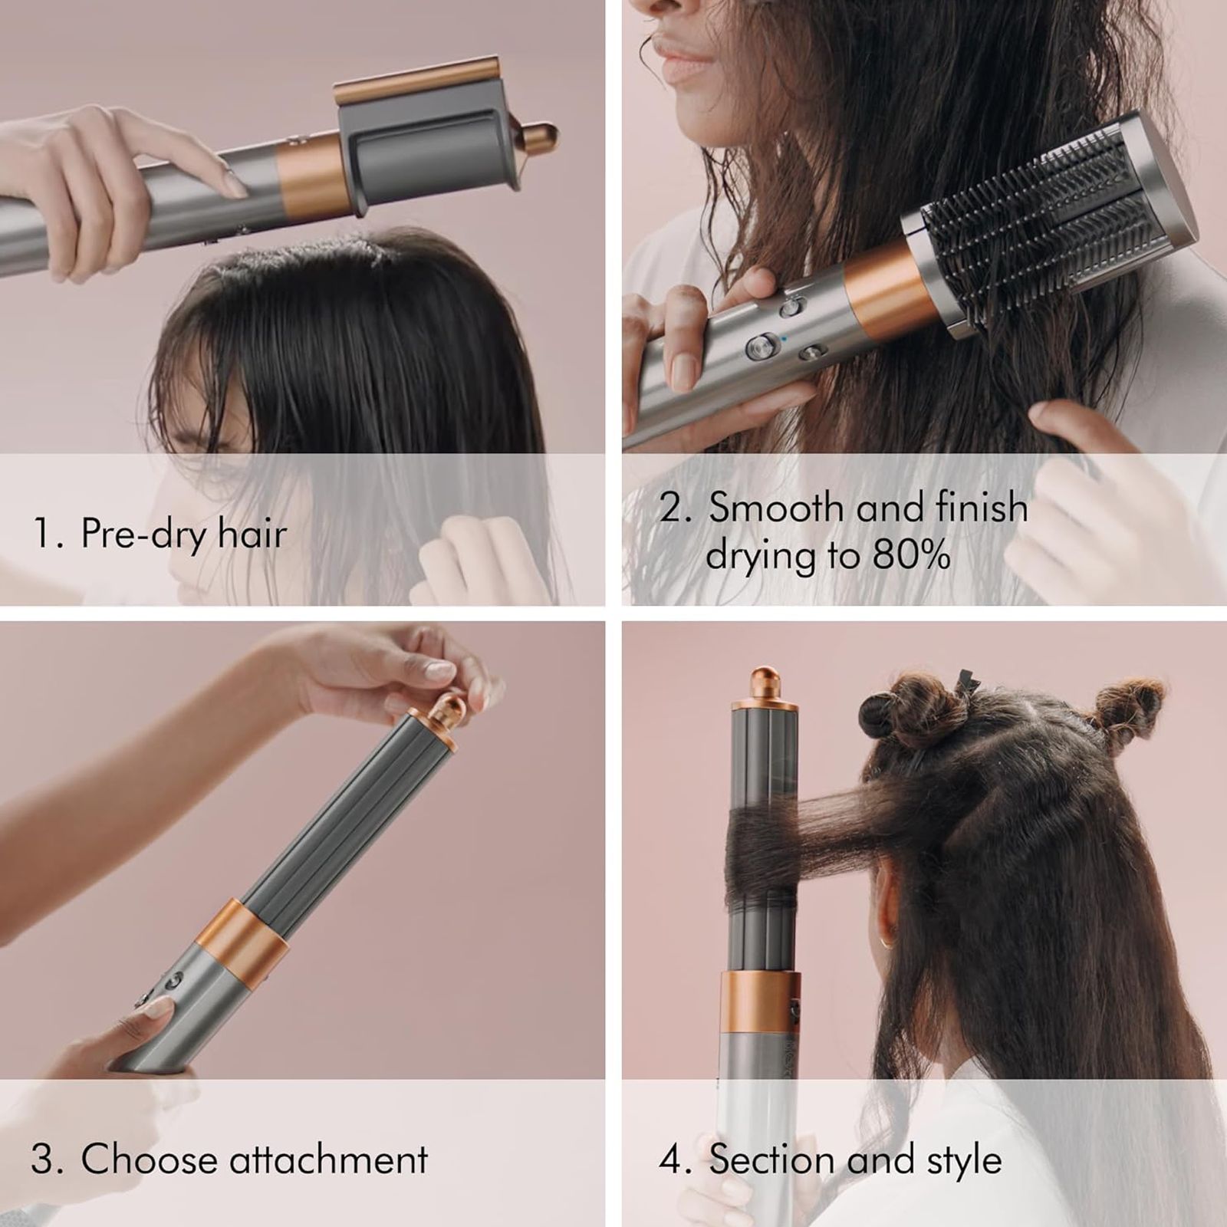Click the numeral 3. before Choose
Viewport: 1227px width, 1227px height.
coord(48,1159)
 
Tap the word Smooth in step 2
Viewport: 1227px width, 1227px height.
coord(775,508)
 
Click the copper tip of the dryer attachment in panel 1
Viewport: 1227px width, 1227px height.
coord(542,139)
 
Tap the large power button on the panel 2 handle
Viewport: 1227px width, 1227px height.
coord(762,346)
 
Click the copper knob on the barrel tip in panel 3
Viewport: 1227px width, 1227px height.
coord(447,709)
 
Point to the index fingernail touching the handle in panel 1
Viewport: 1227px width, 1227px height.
coord(232,185)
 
